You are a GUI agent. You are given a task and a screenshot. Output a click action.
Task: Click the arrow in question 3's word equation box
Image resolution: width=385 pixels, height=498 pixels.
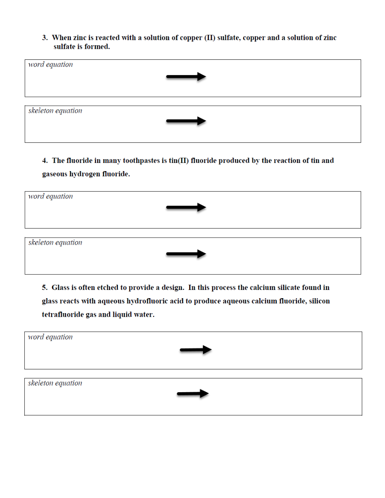[x=186, y=77]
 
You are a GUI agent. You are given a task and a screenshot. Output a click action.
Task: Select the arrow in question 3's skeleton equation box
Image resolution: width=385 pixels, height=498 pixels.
[x=186, y=121]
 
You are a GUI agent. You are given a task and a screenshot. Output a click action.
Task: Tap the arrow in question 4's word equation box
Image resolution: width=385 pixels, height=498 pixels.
[x=186, y=207]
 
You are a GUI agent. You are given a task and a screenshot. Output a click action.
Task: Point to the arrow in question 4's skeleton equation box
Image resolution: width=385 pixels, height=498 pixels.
[x=186, y=254]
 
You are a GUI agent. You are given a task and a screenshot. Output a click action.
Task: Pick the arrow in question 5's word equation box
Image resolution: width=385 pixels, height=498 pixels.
[x=195, y=350]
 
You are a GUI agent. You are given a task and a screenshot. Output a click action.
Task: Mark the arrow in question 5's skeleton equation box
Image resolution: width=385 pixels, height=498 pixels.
[x=193, y=393]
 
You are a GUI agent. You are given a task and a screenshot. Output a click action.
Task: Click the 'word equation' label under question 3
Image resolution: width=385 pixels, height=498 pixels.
[x=50, y=65]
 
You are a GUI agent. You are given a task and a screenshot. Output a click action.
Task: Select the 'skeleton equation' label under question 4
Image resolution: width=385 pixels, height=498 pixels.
[x=55, y=242]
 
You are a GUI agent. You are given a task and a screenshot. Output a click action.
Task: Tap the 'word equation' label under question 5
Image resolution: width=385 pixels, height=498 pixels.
[x=50, y=337]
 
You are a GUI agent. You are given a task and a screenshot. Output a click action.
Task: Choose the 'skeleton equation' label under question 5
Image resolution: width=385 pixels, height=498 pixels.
[x=55, y=383]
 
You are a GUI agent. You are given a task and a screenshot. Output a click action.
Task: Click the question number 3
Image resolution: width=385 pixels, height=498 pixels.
[x=44, y=38]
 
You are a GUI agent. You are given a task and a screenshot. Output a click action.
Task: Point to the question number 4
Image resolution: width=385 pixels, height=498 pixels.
[x=44, y=160]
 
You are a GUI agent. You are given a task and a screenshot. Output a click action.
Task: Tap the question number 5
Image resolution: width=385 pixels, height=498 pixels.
[x=44, y=288]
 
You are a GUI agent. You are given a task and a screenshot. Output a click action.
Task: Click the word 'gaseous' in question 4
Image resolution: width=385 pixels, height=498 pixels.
[x=54, y=174]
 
